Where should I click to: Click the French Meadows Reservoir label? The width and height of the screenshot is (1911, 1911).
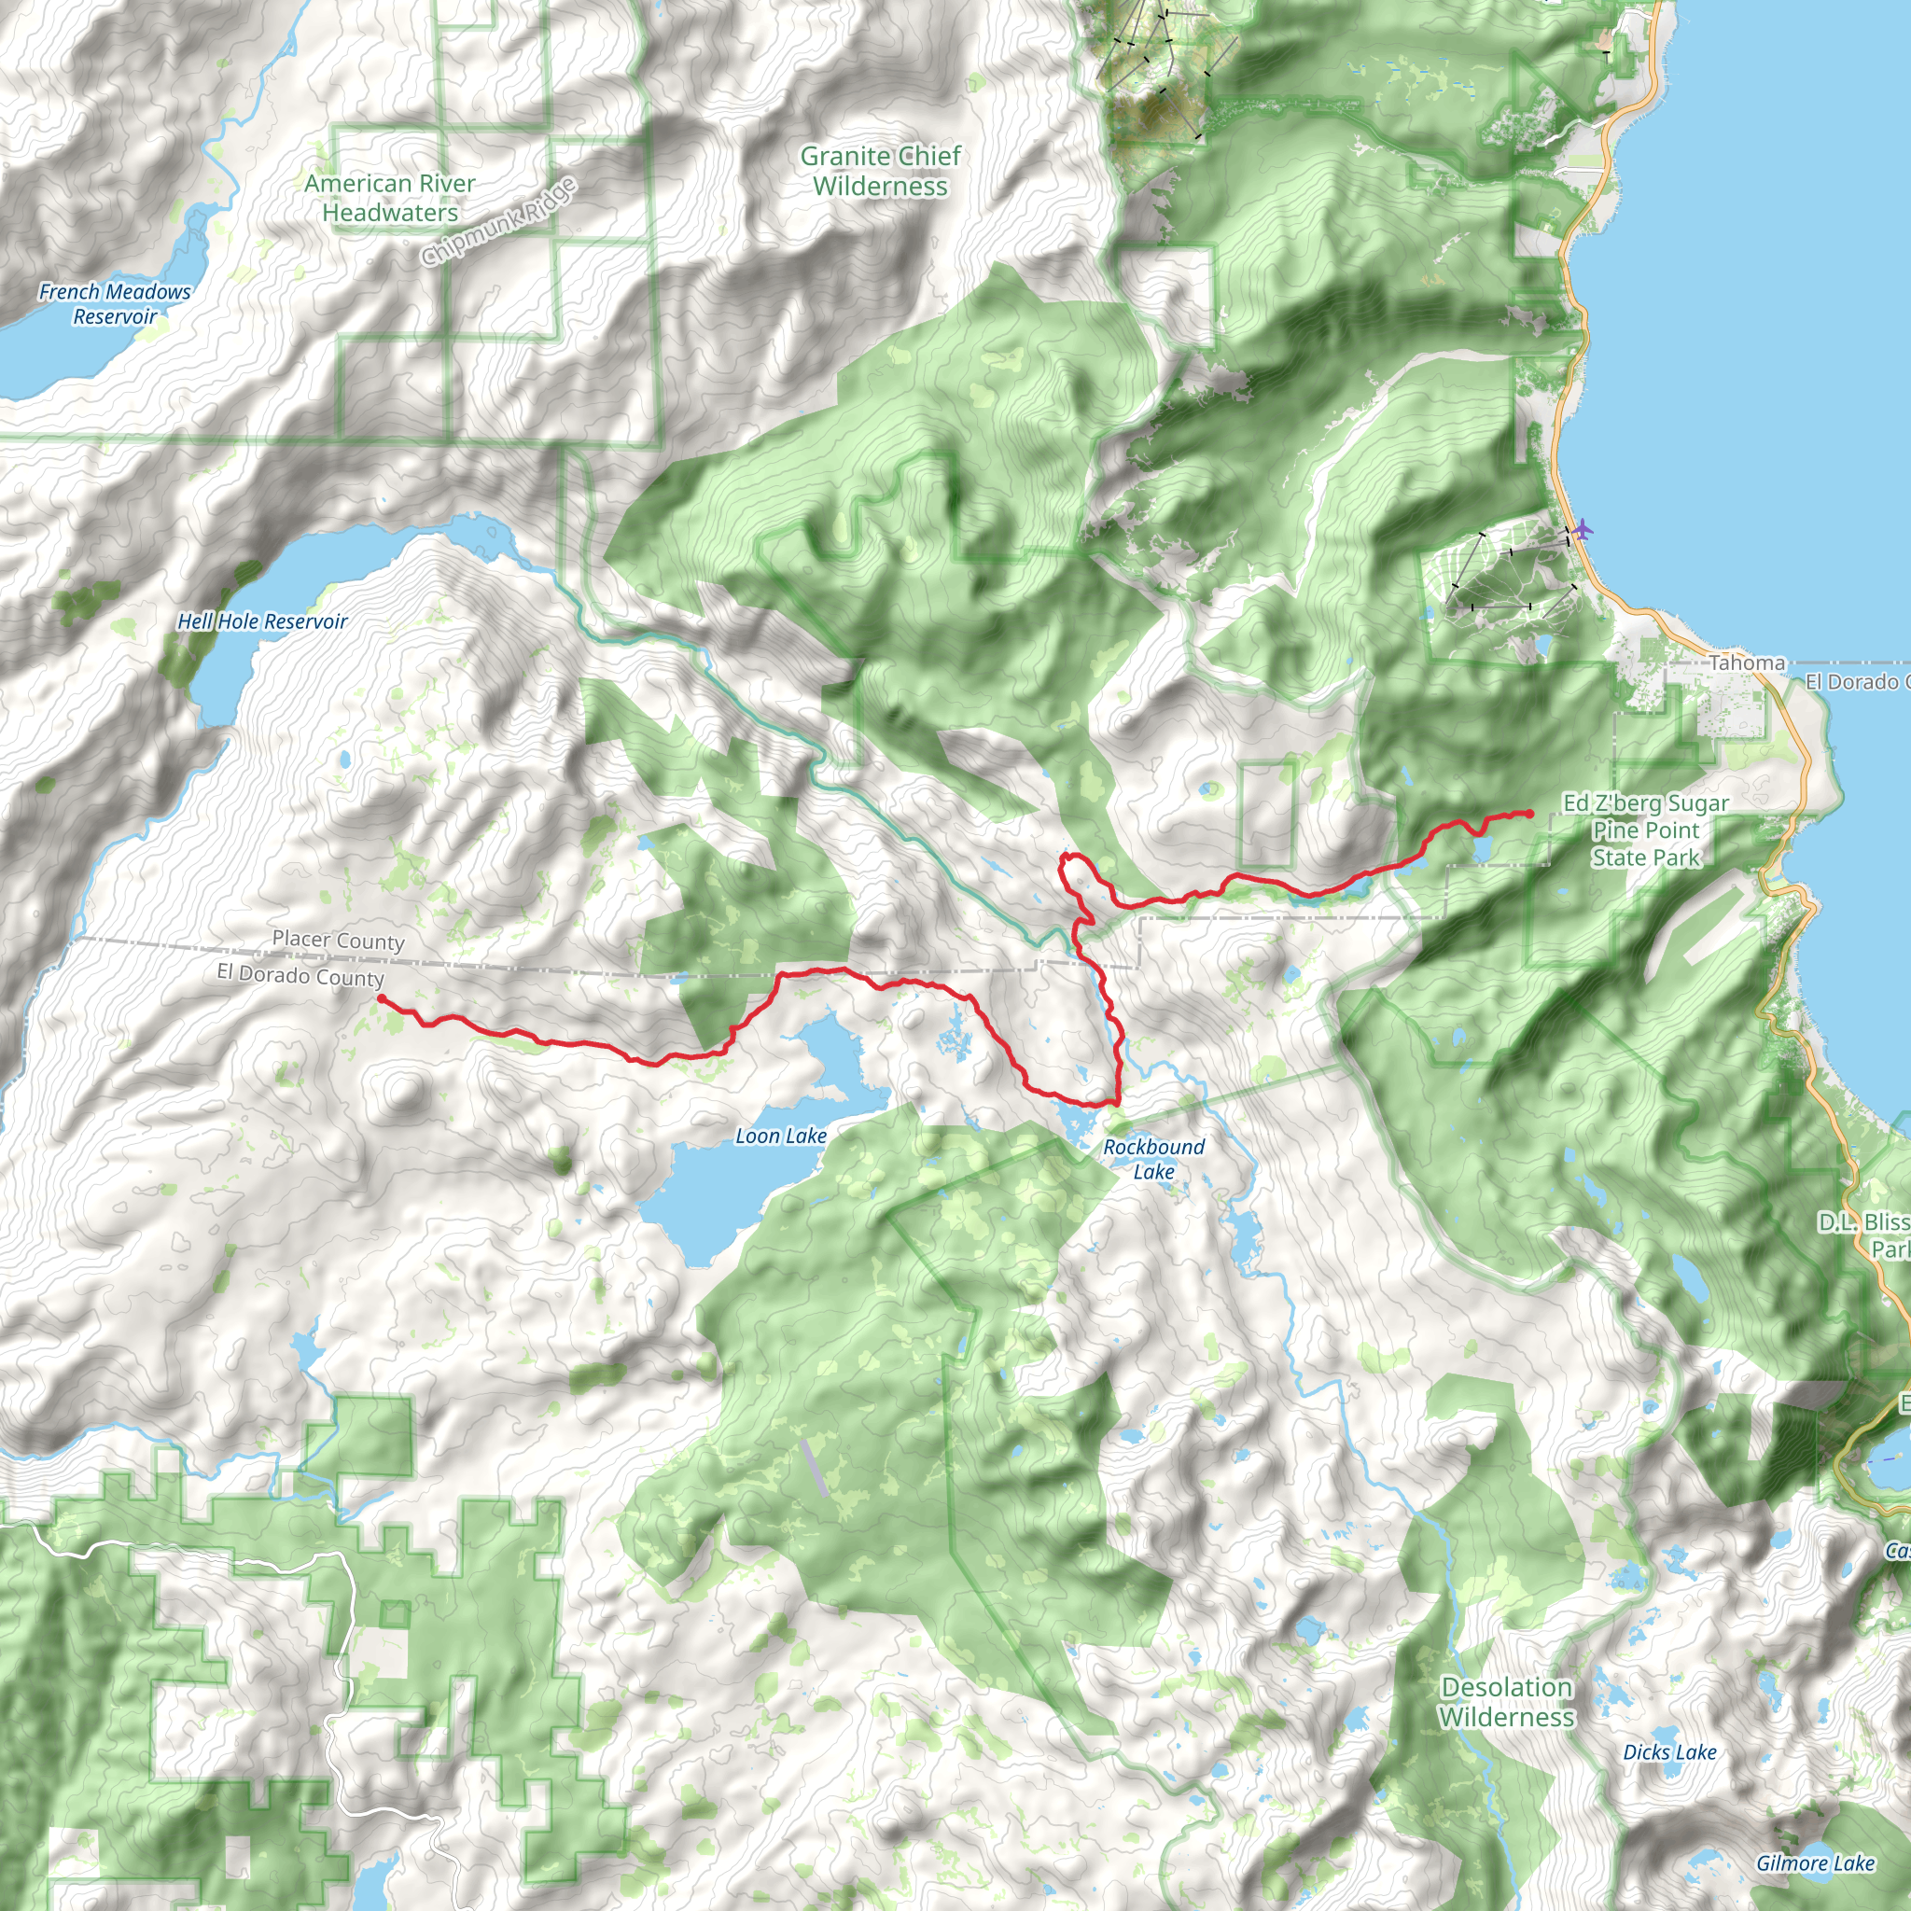115,303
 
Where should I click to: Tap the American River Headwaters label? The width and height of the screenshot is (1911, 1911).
390,198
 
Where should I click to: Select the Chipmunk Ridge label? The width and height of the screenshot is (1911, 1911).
498,223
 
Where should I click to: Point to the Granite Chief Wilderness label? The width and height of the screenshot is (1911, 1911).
880,171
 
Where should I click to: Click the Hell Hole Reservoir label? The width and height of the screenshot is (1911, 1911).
262,621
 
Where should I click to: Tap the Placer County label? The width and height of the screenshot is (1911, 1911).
339,940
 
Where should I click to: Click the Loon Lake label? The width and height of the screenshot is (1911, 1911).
780,1137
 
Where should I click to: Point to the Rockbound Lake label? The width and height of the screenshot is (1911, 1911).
1153,1159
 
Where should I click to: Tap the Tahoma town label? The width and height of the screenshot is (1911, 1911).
1747,663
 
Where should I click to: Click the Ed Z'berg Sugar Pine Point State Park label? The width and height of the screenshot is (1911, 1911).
1646,830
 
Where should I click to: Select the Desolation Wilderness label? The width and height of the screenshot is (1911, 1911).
1505,1701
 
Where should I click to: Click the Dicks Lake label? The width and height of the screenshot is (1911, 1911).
1669,1752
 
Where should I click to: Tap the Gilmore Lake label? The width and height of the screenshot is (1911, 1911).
1815,1863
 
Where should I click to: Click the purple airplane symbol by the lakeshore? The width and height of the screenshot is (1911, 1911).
1583,529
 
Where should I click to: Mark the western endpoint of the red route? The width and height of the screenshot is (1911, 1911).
381,999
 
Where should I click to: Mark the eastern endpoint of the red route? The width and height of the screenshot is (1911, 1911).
1530,814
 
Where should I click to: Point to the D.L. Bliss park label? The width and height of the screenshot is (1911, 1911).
1863,1235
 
